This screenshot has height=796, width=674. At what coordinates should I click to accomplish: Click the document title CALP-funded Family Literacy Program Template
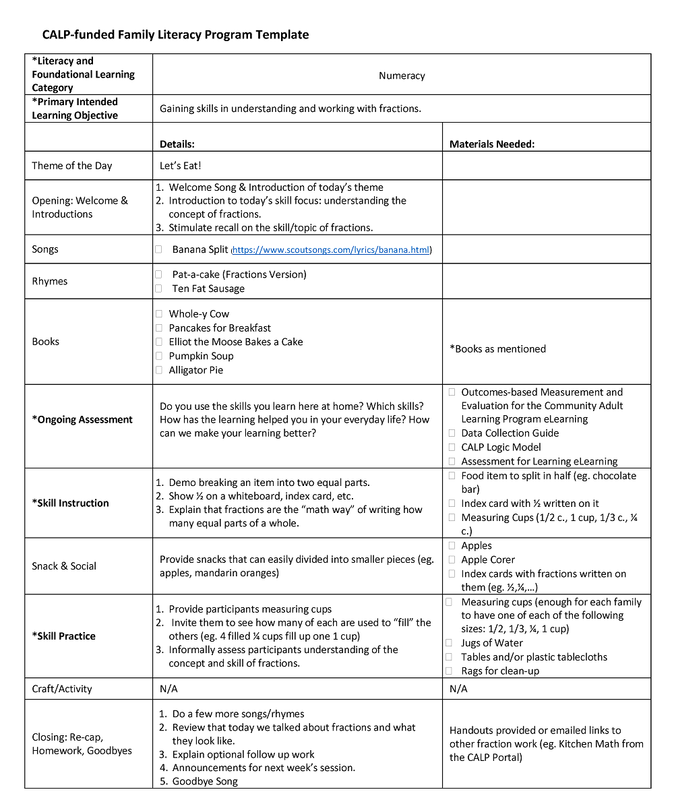click(x=175, y=35)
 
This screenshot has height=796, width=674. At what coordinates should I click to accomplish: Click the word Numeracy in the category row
click(x=402, y=76)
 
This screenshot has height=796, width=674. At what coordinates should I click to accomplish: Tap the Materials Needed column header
click(x=492, y=144)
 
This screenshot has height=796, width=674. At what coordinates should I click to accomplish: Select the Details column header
click(x=177, y=144)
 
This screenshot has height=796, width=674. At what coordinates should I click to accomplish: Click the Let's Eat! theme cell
click(x=181, y=166)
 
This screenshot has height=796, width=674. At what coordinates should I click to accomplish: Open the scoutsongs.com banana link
click(x=331, y=250)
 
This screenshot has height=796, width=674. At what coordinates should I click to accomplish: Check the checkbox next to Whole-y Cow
click(x=159, y=314)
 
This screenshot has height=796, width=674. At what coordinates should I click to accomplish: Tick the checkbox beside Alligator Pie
click(x=159, y=370)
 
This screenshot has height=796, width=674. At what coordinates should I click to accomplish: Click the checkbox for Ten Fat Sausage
click(x=159, y=288)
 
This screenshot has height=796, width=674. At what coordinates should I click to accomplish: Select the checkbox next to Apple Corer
click(x=452, y=559)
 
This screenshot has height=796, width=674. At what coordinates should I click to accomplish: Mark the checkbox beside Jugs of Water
click(x=449, y=643)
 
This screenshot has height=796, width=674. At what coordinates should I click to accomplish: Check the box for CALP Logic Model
click(x=452, y=447)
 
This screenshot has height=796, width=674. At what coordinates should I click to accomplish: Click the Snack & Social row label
click(x=64, y=566)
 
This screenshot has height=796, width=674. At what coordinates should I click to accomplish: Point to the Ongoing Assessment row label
click(x=82, y=420)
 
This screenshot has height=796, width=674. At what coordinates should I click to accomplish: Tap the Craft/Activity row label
click(x=62, y=689)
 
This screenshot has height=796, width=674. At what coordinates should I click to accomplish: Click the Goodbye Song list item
click(x=205, y=781)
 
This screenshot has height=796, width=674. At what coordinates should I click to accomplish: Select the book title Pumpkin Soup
click(x=202, y=356)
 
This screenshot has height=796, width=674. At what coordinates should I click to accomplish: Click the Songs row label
click(x=45, y=249)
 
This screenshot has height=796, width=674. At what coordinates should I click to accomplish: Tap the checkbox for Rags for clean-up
click(x=449, y=671)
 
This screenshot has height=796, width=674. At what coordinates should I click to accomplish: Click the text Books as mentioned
click(x=497, y=349)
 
